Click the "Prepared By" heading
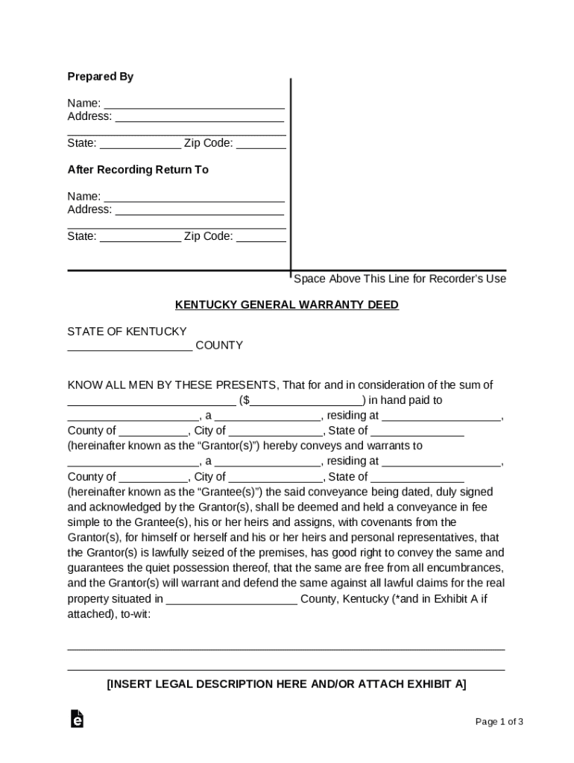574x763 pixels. [x=101, y=77]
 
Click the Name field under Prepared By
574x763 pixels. [x=194, y=104]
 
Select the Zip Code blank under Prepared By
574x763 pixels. [x=261, y=144]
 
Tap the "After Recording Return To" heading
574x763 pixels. [x=138, y=170]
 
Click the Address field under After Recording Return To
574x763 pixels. [x=199, y=210]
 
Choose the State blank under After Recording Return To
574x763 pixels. [x=140, y=237]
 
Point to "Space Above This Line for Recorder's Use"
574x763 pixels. [x=400, y=279]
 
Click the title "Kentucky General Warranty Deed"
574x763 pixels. [x=287, y=305]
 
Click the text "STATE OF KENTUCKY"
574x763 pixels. [x=127, y=331]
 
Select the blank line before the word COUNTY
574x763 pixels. [x=130, y=346]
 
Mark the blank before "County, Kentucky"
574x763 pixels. [x=232, y=600]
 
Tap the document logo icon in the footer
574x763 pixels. [x=77, y=719]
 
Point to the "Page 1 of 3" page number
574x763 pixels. [x=499, y=721]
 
